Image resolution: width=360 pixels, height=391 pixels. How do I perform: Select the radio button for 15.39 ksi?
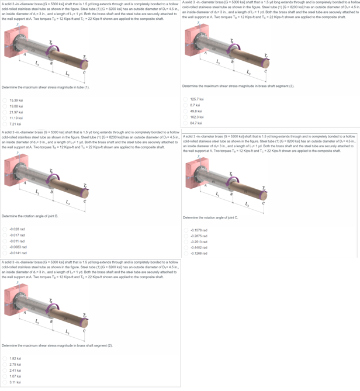(x=5, y=101)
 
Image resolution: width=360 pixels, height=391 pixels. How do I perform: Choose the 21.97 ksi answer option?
(x=5, y=112)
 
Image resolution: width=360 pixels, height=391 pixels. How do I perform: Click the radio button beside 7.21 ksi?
(x=5, y=124)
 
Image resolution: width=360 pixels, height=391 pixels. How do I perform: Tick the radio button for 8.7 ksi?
(x=185, y=106)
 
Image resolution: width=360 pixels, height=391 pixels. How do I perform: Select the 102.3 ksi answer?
(x=185, y=117)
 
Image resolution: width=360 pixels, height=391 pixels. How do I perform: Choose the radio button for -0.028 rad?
(x=5, y=229)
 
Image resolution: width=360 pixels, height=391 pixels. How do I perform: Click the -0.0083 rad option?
(x=5, y=247)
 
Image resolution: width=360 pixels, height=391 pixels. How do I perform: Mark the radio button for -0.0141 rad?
(x=5, y=252)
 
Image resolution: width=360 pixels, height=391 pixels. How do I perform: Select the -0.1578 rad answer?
(x=185, y=231)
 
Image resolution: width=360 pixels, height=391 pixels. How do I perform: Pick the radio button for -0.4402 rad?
(x=185, y=248)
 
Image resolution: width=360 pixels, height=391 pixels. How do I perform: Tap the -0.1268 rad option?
(x=185, y=254)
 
